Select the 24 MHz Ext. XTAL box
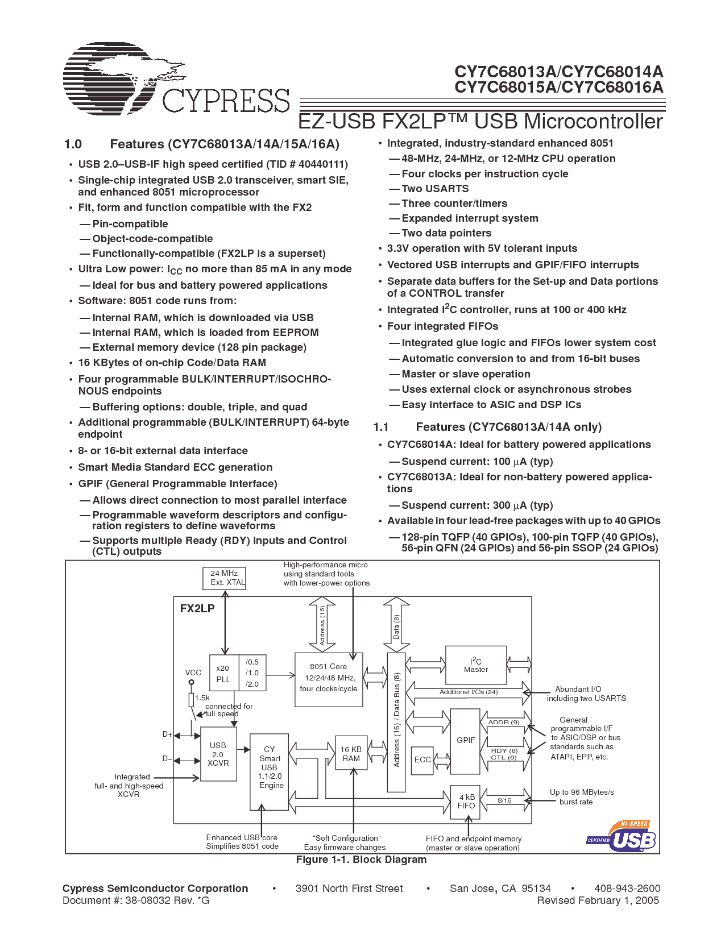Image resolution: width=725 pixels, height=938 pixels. [224, 578]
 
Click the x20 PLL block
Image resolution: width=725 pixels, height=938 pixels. [223, 674]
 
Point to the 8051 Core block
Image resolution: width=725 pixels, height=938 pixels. [329, 679]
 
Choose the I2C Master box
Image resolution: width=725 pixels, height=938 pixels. [476, 665]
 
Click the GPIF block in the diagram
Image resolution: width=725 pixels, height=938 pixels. [466, 740]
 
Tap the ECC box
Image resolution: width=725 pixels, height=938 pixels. [422, 759]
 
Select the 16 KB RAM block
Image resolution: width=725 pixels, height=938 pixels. [351, 754]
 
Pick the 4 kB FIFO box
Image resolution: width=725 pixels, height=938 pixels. [466, 802]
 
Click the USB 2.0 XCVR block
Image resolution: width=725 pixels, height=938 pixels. [218, 754]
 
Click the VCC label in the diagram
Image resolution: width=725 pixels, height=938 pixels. [193, 673]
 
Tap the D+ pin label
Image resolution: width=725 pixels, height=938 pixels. [167, 734]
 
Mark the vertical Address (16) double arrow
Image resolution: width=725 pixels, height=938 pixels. [322, 624]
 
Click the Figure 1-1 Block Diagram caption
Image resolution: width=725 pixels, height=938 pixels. [361, 860]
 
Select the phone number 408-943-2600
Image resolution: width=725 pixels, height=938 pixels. [627, 889]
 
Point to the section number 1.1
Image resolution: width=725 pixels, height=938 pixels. [381, 427]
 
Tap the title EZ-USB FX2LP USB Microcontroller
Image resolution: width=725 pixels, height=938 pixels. [480, 122]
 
